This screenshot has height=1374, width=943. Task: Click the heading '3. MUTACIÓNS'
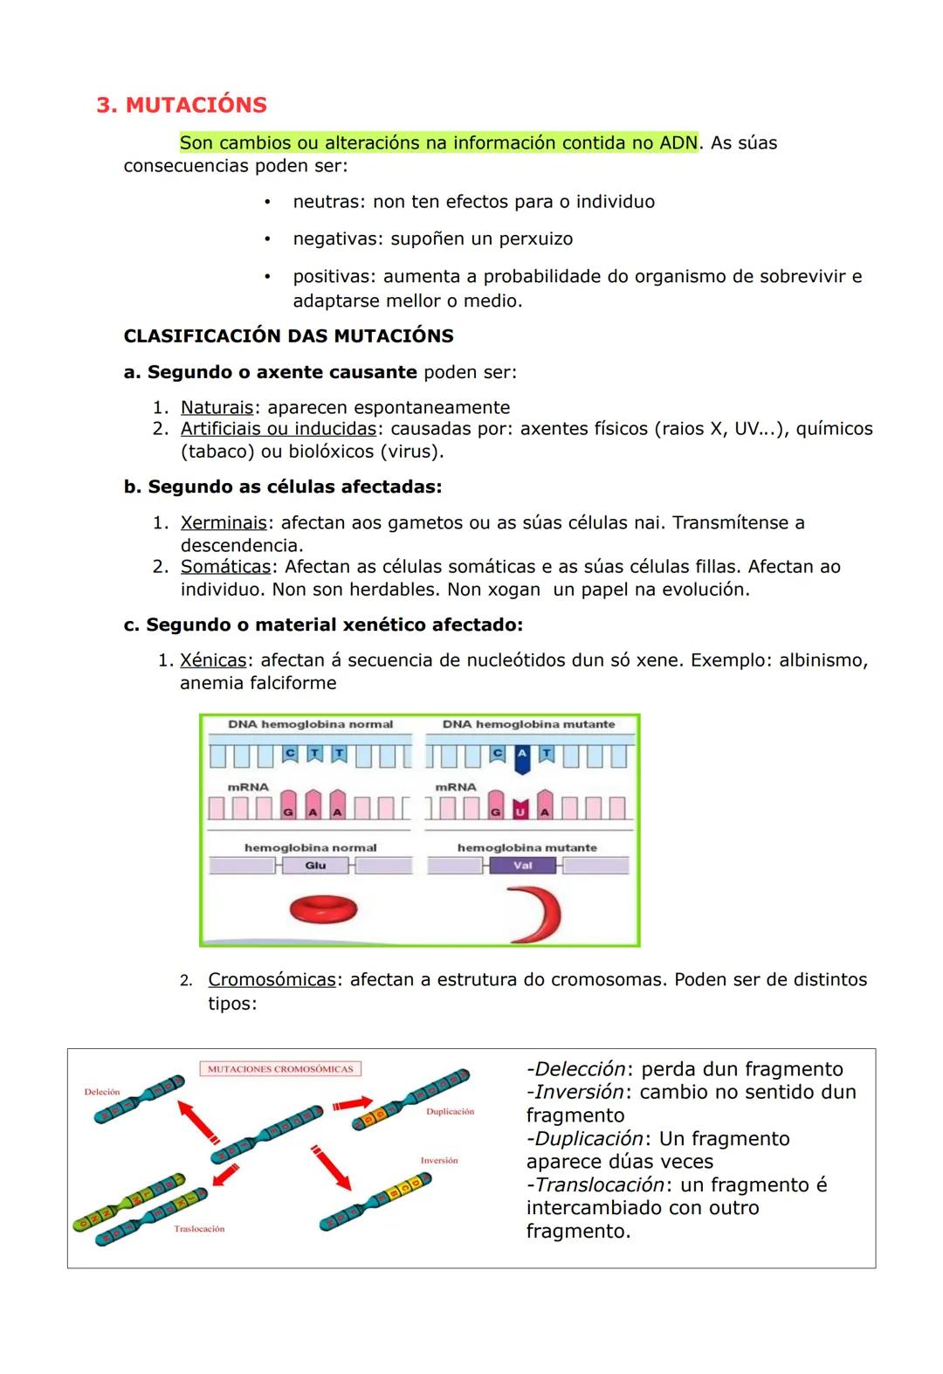point(182,105)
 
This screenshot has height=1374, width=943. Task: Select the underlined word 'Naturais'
point(217,407)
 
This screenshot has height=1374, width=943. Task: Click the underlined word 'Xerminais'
point(224,522)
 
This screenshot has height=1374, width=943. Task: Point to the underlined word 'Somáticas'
point(225,566)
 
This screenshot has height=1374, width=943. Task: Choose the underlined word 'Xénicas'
point(213,659)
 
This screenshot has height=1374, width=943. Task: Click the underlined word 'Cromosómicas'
point(272,979)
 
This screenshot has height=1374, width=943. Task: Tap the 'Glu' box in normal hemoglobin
point(315,865)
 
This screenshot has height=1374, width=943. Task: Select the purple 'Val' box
point(523,865)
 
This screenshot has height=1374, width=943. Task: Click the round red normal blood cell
point(323,910)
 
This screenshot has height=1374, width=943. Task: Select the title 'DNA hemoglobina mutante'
point(528,724)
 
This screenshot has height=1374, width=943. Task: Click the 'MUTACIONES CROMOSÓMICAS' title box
point(280,1068)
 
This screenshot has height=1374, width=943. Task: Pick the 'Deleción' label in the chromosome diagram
point(101,1092)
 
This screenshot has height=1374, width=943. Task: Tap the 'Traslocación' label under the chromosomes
point(199,1228)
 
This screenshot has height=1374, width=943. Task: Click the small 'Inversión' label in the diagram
point(439,1160)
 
